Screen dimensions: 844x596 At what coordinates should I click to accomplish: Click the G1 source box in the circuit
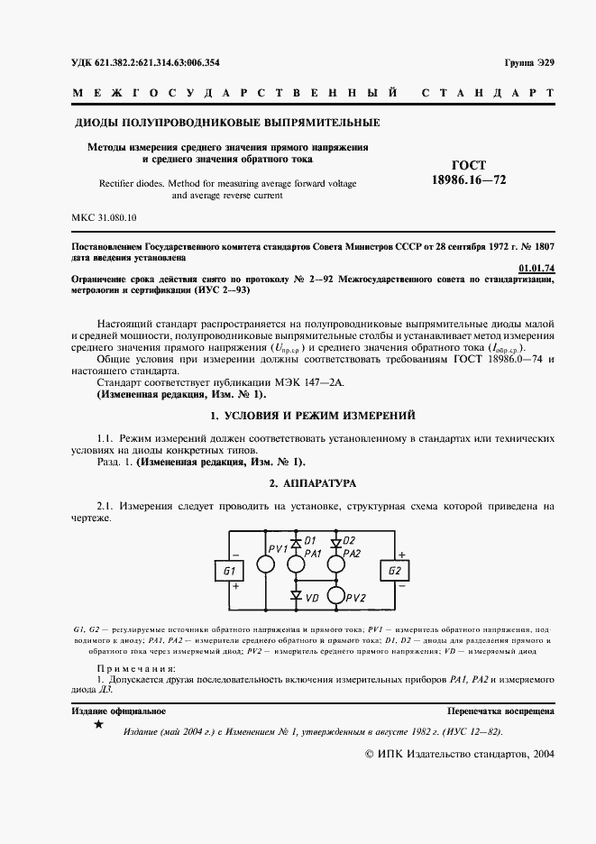pos(228,572)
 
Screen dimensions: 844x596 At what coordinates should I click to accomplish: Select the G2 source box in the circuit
pos(394,572)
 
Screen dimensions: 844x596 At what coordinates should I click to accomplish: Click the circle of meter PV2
pos(336,596)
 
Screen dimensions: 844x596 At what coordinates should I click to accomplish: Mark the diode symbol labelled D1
pos(295,543)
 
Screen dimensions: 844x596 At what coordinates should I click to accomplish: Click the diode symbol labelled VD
pos(295,596)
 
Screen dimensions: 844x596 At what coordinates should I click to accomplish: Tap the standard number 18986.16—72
pos(469,180)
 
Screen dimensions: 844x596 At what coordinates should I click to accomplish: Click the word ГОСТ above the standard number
pos(469,165)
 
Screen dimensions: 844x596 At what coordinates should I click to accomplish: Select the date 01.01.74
pos(537,268)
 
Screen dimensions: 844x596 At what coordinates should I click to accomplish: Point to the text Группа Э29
pos(529,62)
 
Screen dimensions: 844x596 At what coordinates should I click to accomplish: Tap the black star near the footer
pos(99,726)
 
